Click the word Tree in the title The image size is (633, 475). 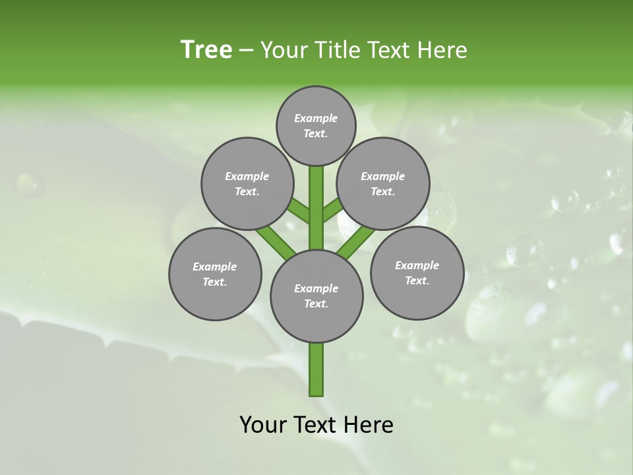pos(206,49)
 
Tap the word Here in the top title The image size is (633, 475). pos(442,50)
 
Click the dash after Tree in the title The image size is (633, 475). pos(247,51)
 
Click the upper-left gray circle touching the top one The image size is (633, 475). pos(247,184)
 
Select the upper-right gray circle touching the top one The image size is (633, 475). pos(383,184)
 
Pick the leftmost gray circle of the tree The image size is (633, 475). pos(215,274)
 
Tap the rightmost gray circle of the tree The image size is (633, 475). pos(417,273)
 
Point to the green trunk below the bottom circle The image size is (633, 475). pos(316,369)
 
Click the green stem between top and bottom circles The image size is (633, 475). pos(316,208)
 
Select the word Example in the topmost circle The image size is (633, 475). pos(316,118)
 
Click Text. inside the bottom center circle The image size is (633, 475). pos(316,303)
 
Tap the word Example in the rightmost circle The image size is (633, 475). pos(417,265)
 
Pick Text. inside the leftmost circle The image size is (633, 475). pos(215,282)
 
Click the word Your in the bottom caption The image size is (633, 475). pos(263,425)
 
